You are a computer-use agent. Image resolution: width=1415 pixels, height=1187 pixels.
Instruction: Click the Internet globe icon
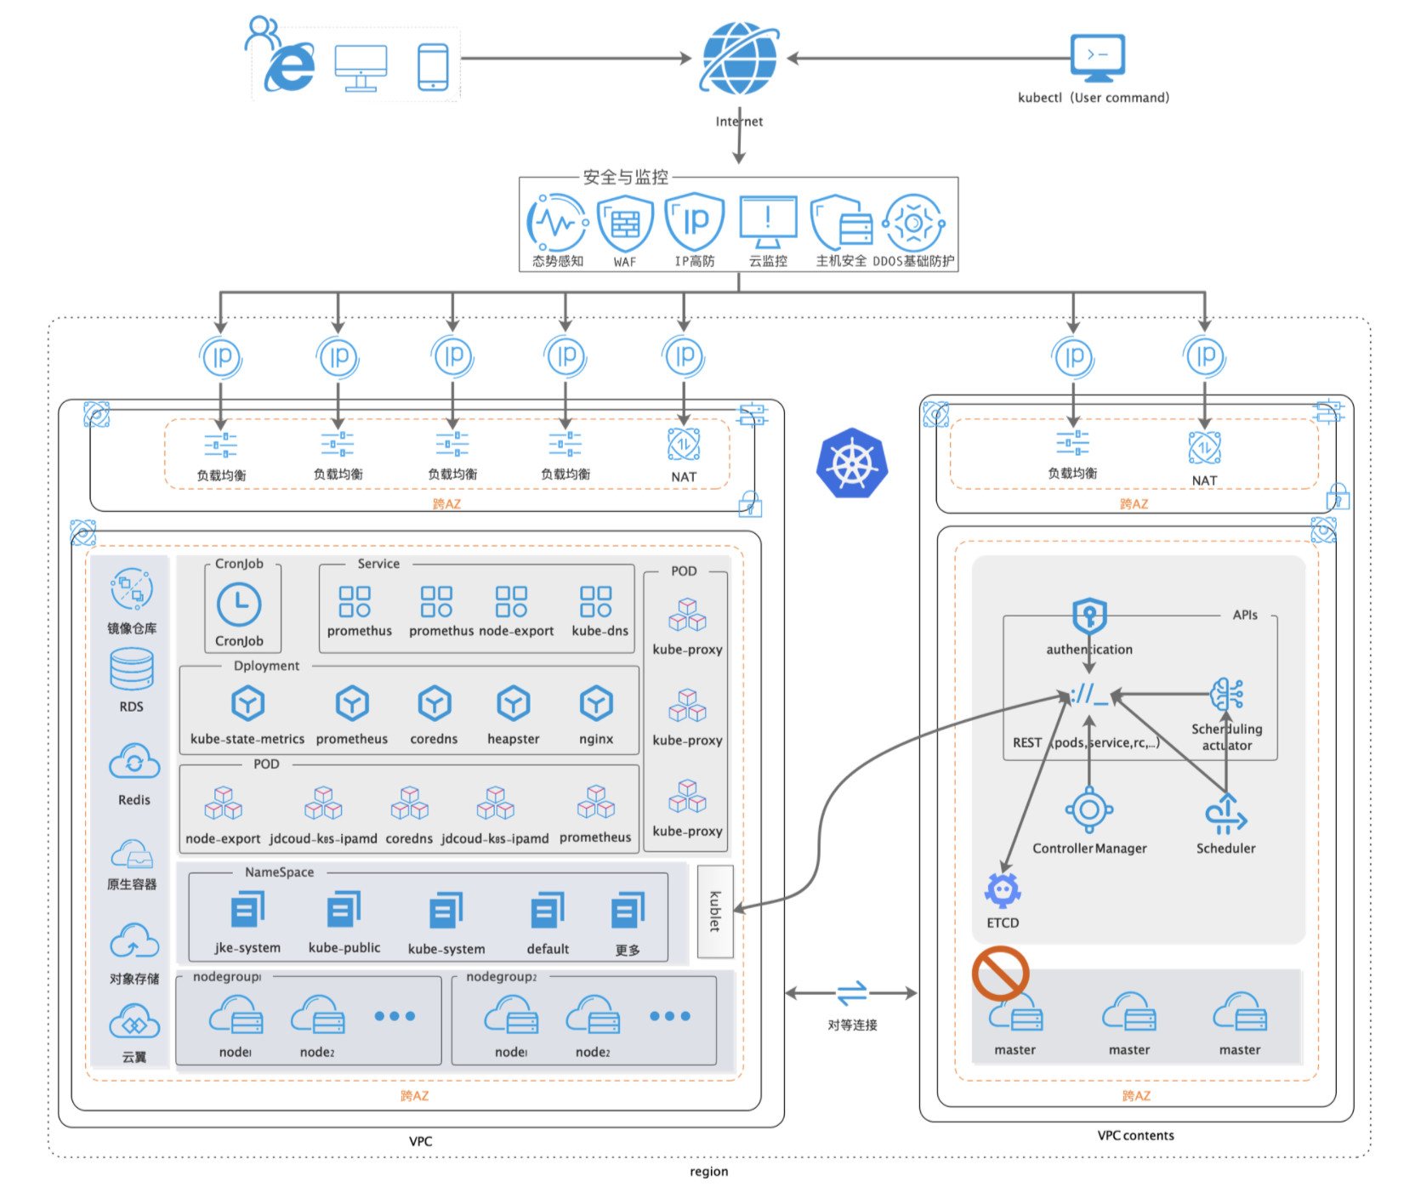click(x=739, y=58)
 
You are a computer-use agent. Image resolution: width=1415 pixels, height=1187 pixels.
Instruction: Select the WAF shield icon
click(x=625, y=223)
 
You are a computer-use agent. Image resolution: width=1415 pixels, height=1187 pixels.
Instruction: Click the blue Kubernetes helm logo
click(x=852, y=464)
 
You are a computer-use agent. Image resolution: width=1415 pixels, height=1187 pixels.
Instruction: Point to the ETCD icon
click(x=1003, y=890)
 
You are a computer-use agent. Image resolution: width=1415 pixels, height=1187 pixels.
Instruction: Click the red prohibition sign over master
click(x=1001, y=974)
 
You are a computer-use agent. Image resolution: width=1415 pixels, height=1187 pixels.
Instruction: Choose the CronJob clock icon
click(x=239, y=605)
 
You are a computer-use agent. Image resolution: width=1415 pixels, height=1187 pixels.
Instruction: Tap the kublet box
click(x=715, y=911)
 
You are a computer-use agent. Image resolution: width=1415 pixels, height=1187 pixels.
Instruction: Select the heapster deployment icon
click(x=514, y=704)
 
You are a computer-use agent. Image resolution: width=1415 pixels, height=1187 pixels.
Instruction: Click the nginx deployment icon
click(x=596, y=704)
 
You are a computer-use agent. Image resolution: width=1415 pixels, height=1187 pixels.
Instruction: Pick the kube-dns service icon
click(x=595, y=601)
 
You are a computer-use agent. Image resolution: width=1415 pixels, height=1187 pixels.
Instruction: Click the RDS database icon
click(x=132, y=669)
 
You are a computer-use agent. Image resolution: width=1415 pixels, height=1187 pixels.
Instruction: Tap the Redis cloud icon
click(x=134, y=762)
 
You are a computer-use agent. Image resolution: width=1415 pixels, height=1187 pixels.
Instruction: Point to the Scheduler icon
click(x=1225, y=815)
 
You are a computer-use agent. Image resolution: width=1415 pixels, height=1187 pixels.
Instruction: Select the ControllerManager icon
click(x=1089, y=809)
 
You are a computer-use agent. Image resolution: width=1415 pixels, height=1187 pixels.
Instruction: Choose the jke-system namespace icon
click(x=247, y=910)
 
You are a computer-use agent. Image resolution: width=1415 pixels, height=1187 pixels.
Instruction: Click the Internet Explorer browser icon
click(x=290, y=68)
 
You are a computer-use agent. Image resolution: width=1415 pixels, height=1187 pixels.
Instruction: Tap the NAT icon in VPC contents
click(x=1204, y=447)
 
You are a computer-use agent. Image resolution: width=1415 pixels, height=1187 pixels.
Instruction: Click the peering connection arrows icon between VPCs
click(x=852, y=992)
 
